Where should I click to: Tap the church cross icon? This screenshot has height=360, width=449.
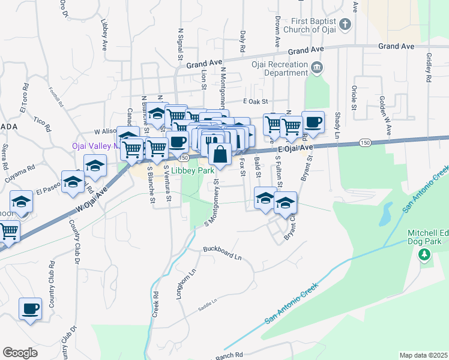click(x=345, y=25)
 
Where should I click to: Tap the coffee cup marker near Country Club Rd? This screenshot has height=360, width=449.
click(x=30, y=309)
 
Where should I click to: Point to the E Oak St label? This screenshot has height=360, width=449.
click(x=255, y=102)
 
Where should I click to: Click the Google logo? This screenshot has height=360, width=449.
click(x=20, y=353)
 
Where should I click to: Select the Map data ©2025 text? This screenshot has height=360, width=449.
click(x=423, y=355)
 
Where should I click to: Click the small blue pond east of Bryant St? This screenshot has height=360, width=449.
click(x=385, y=212)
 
